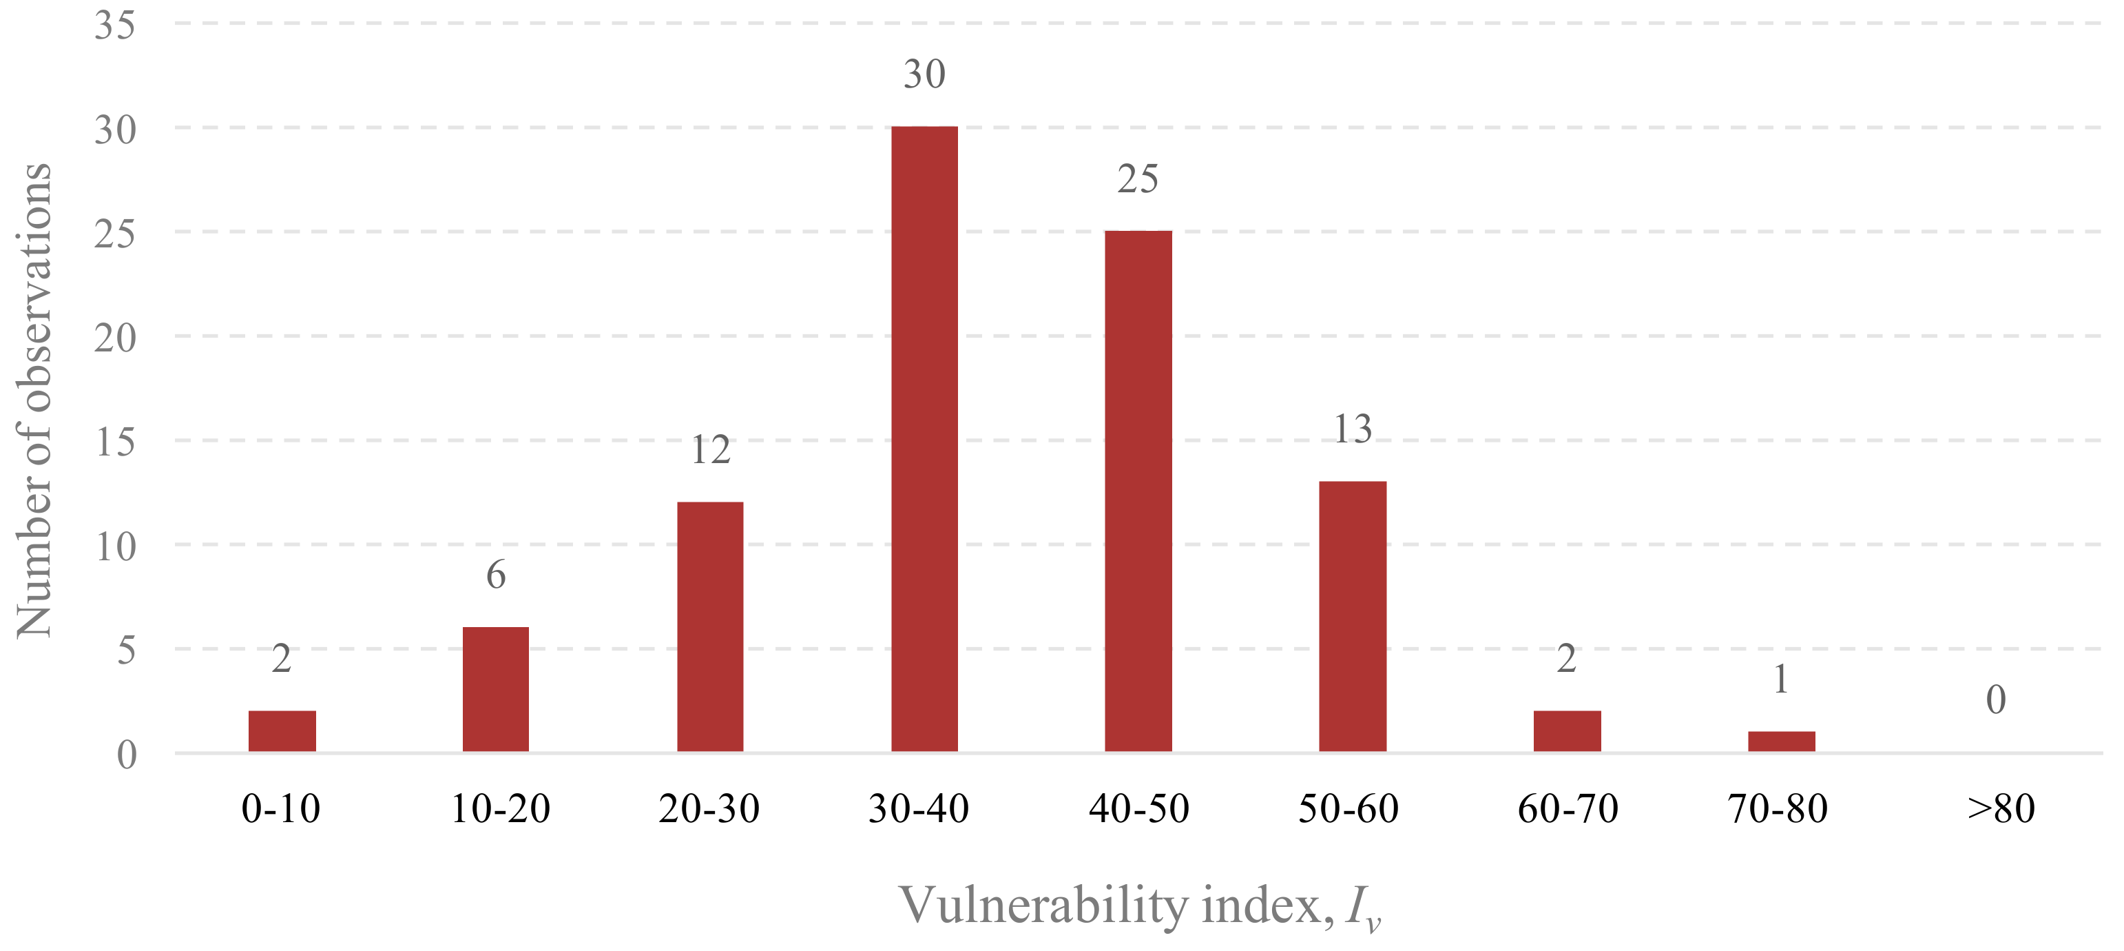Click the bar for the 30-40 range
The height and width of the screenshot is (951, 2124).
point(924,439)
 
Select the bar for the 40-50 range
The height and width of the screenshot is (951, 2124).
point(1138,491)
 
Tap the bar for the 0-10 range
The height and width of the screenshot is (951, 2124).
point(282,730)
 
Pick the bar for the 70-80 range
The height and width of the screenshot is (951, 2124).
point(1781,741)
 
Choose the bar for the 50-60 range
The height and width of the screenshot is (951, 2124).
point(1352,616)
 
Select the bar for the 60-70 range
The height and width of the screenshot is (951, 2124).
point(1567,730)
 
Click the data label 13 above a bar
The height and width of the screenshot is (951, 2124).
point(1352,429)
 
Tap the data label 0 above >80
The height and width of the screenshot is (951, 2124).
point(1995,700)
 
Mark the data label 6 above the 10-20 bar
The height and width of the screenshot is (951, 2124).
point(496,575)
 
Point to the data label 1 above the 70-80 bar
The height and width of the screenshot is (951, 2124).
point(1781,679)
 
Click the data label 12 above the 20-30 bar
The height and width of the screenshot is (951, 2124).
point(710,450)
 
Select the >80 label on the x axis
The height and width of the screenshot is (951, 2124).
point(2000,808)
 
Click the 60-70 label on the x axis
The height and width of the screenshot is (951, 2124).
point(1568,808)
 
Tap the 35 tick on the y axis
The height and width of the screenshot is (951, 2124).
point(114,25)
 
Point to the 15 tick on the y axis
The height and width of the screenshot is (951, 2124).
point(114,442)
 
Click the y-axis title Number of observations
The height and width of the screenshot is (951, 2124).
point(34,400)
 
